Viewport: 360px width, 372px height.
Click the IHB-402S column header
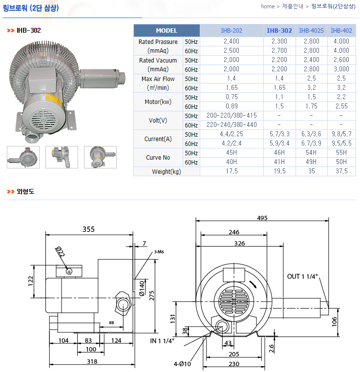(311, 31)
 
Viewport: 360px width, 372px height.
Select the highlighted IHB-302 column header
(279, 31)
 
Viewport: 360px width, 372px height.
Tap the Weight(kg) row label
(167, 171)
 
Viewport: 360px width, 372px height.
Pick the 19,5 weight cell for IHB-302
(279, 171)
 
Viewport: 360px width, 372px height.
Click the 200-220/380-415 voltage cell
(232, 116)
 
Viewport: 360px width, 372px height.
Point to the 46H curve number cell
(279, 152)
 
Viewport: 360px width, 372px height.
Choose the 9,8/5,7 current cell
(341, 134)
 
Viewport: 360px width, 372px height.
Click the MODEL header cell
(167, 31)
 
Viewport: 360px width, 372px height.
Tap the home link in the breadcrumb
(268, 6)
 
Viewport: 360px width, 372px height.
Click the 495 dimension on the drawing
(262, 218)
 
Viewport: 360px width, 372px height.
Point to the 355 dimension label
(88, 229)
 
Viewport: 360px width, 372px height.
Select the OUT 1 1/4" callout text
(302, 276)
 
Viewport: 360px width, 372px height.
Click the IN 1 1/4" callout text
(162, 341)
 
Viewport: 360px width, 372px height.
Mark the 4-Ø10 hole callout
(182, 364)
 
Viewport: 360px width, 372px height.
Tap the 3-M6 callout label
(159, 252)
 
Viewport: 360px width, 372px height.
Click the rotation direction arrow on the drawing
(253, 285)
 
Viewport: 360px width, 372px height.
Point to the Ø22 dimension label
(60, 252)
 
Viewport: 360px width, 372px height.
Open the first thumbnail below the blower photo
(23, 157)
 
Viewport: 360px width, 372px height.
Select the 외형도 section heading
(25, 191)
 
